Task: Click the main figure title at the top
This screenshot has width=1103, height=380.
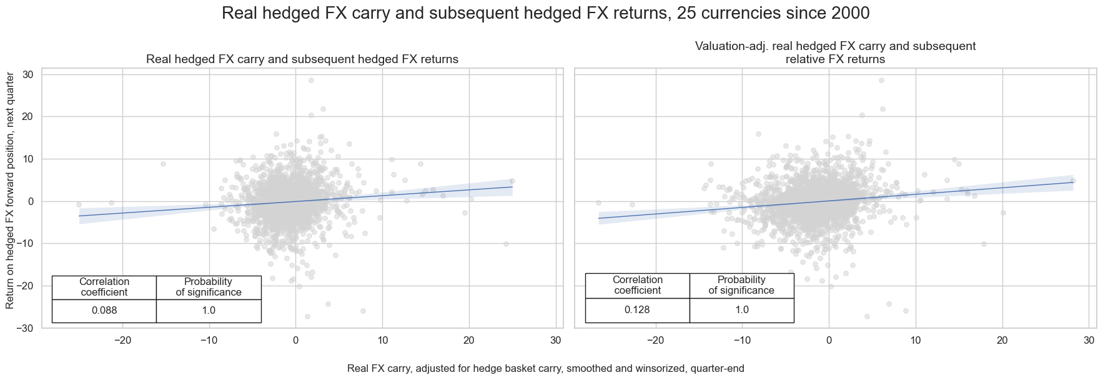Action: [545, 13]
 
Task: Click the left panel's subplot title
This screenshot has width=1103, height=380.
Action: [302, 59]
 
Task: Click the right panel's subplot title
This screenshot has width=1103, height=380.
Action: [835, 52]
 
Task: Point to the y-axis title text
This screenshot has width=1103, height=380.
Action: [10, 190]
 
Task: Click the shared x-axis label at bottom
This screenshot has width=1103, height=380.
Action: [545, 369]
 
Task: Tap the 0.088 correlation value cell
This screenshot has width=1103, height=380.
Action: [104, 311]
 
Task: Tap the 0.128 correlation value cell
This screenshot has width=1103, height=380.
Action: [637, 310]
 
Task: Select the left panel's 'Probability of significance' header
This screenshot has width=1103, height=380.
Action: [209, 287]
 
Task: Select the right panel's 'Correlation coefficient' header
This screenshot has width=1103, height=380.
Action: [637, 285]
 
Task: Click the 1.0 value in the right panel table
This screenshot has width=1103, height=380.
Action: [741, 310]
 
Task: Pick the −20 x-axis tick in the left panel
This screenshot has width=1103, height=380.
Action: [122, 341]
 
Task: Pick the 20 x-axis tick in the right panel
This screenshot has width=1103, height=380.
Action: [1002, 341]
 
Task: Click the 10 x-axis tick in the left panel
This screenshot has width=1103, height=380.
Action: [382, 341]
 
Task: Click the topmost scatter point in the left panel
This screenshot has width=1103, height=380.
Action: [311, 80]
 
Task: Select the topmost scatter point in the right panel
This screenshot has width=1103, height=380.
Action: [881, 80]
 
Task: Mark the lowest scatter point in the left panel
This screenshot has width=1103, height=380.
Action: [307, 316]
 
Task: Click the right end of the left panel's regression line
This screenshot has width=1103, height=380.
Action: [512, 187]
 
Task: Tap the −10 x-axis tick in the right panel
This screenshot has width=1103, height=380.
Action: [742, 341]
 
